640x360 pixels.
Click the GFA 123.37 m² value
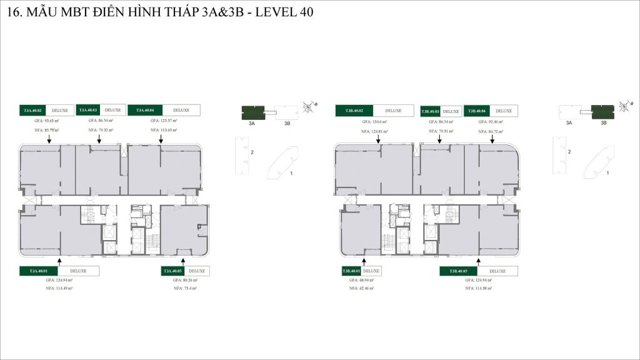(x=164, y=120)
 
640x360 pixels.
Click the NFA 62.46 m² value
(x=362, y=289)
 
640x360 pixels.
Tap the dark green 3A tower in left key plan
(x=252, y=112)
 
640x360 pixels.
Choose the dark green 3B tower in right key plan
(x=603, y=112)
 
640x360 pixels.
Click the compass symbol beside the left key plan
(x=306, y=107)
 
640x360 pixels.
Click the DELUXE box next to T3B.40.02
(x=393, y=111)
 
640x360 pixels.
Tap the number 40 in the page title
(x=306, y=12)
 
